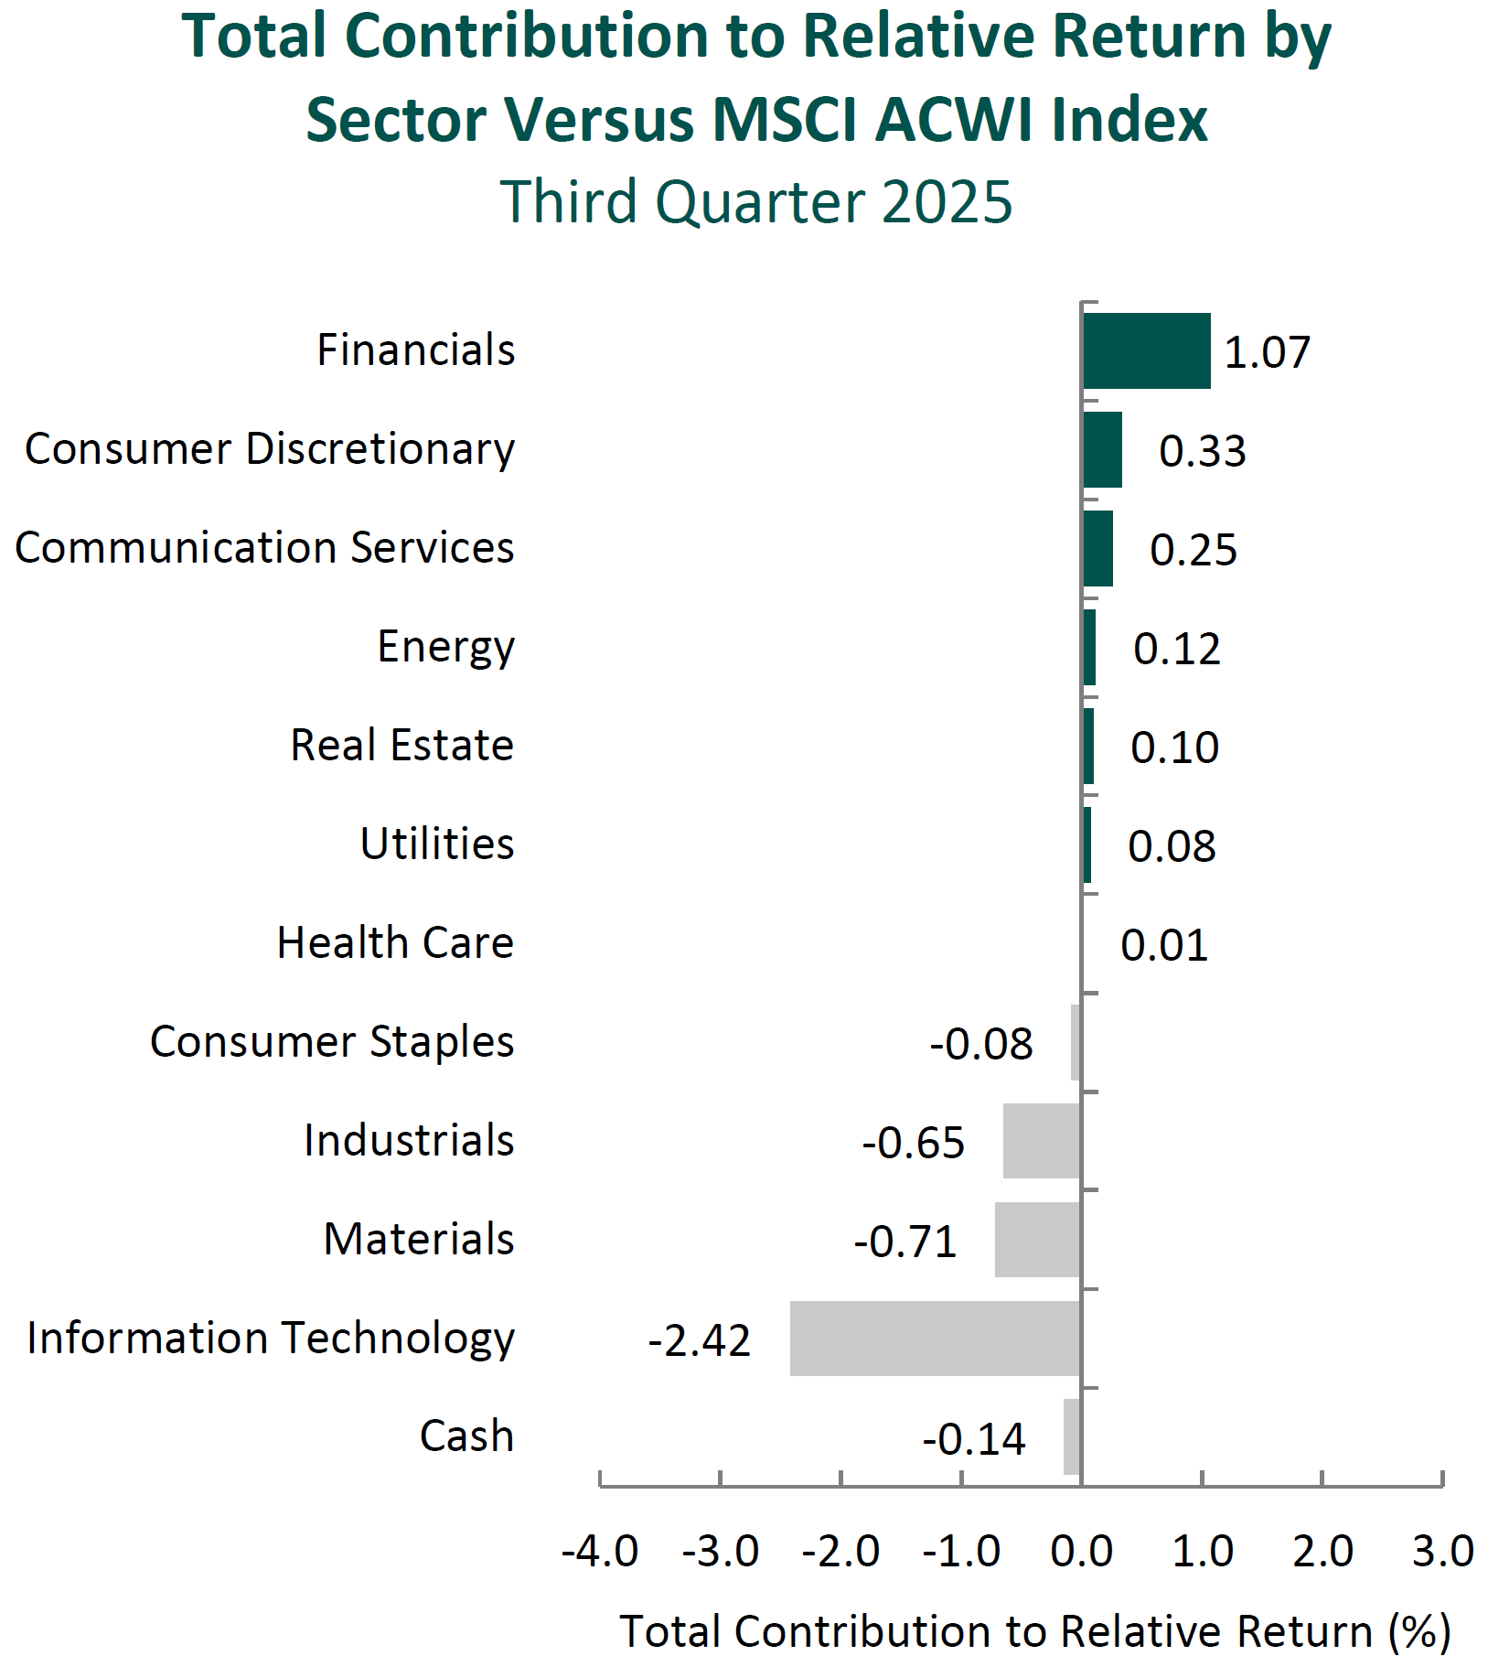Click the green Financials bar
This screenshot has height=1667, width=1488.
pos(1146,350)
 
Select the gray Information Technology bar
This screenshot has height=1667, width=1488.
pos(935,1338)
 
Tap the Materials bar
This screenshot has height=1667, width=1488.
pos(1037,1239)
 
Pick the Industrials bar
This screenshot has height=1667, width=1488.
pos(1042,1140)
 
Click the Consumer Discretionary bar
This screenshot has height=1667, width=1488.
pos(1102,449)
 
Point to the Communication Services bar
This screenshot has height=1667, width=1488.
pos(1097,548)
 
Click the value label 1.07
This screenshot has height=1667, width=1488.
pos(1267,353)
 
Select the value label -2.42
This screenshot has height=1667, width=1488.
pos(700,1341)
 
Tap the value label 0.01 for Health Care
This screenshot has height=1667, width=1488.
pos(1164,945)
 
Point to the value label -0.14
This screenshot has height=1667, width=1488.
pos(974,1440)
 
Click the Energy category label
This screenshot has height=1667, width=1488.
pos(446,648)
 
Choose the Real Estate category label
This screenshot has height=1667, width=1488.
pos(402,746)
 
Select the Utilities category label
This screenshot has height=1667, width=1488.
pos(437,844)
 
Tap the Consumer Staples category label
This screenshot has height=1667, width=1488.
pos(332,1042)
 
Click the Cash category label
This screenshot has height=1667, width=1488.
pos(466,1436)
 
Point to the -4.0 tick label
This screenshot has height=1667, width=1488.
pos(600,1552)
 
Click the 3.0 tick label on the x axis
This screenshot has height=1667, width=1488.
pos(1442,1552)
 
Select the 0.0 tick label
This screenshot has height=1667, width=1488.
pos(1082,1552)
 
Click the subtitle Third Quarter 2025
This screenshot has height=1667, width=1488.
pos(756,202)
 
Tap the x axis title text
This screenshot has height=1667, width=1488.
pos(1035,1632)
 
